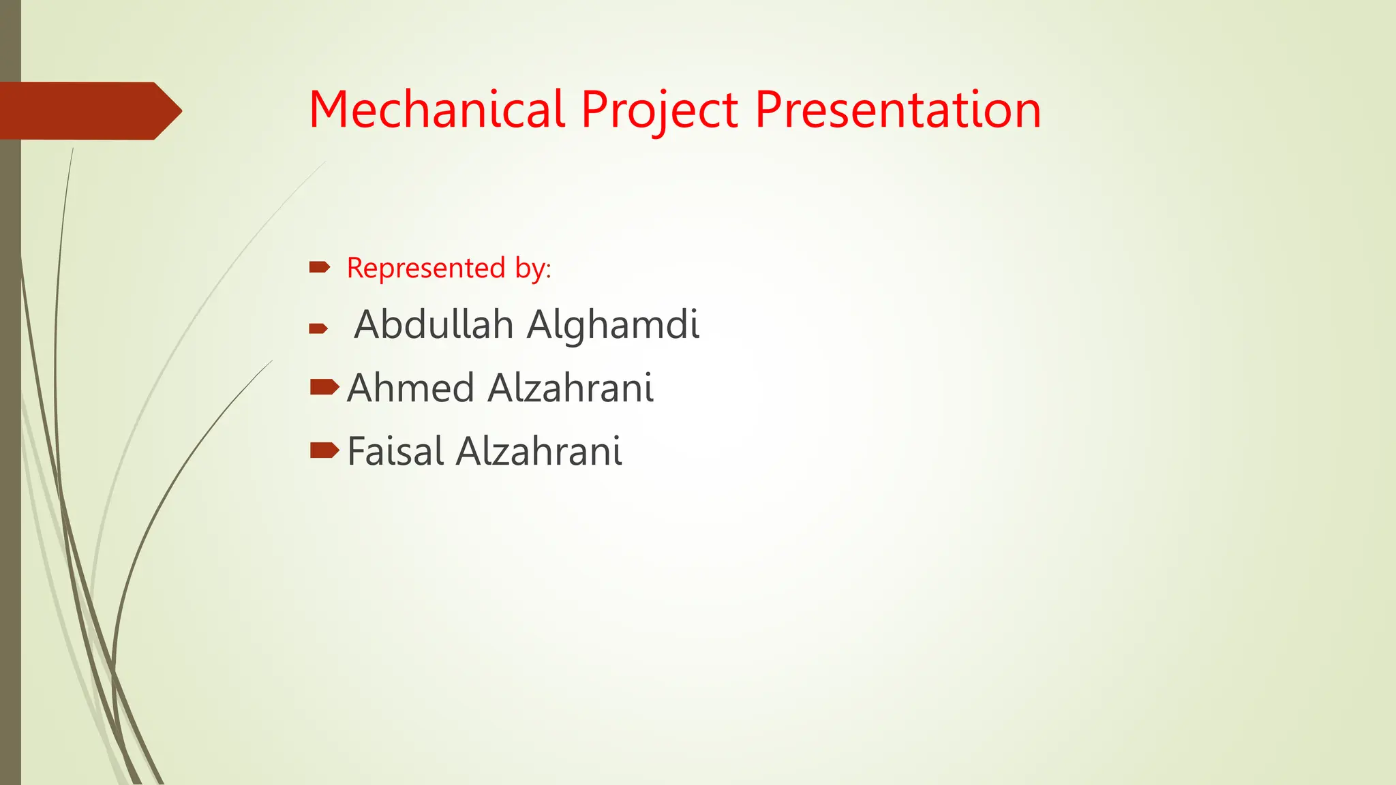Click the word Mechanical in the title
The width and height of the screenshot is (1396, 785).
pos(436,110)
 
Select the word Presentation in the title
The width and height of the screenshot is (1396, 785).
pos(898,110)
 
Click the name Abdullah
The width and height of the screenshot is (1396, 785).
pos(434,324)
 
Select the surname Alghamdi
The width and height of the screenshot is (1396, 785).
pos(613,324)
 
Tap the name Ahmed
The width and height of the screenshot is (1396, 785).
pos(410,388)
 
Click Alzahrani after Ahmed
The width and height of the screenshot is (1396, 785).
pos(571,388)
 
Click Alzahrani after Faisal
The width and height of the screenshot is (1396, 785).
pos(539,452)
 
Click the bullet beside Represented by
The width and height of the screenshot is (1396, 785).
pos(319,267)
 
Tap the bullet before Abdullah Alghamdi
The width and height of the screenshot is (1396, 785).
pos(318,329)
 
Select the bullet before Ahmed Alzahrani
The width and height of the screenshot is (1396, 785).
pos(324,388)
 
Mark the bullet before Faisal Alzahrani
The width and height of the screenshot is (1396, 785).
pos(324,450)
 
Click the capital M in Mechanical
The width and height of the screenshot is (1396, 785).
pos(330,110)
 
